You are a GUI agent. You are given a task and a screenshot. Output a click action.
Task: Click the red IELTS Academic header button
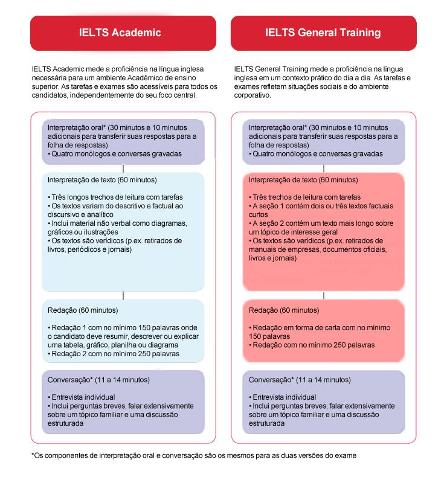coord(123,33)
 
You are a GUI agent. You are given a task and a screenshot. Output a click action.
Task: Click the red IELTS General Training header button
coord(323,33)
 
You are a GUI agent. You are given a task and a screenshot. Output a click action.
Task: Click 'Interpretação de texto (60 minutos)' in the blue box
coord(102,180)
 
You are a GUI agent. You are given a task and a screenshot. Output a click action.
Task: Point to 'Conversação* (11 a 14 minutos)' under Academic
coord(98,380)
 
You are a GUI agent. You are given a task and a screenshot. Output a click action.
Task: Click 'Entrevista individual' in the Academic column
coord(83,397)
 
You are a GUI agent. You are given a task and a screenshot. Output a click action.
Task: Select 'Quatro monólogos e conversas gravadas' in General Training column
coord(317,154)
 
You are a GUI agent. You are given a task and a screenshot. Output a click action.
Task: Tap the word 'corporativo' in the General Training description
coord(254,95)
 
